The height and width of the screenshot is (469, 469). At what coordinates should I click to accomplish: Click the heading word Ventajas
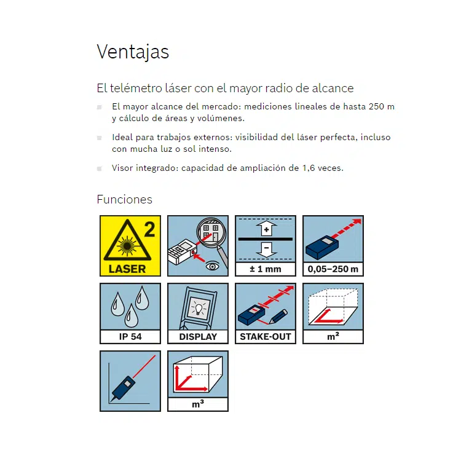pyautogui.click(x=133, y=52)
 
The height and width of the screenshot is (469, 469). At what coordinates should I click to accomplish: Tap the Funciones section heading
pyautogui.click(x=124, y=200)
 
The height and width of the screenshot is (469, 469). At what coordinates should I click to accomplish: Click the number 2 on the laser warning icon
pyautogui.click(x=149, y=229)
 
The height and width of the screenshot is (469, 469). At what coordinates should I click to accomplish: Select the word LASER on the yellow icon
pyautogui.click(x=127, y=269)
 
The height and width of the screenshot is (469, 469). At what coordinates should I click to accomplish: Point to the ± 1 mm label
pyautogui.click(x=266, y=269)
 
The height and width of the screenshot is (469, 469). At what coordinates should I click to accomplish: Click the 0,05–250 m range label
pyautogui.click(x=333, y=269)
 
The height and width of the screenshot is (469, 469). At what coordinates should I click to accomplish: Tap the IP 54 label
pyautogui.click(x=130, y=337)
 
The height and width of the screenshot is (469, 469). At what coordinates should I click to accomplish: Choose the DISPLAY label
pyautogui.click(x=198, y=337)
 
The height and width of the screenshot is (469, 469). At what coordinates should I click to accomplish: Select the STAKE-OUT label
pyautogui.click(x=266, y=337)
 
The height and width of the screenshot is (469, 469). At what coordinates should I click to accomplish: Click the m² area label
pyautogui.click(x=333, y=336)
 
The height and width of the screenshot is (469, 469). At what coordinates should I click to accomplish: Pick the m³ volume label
pyautogui.click(x=198, y=404)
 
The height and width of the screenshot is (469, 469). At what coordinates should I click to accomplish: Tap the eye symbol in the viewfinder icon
pyautogui.click(x=212, y=266)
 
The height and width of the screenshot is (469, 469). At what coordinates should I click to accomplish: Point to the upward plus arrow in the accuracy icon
pyautogui.click(x=266, y=229)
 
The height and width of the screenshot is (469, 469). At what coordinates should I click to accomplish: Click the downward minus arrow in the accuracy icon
pyautogui.click(x=266, y=250)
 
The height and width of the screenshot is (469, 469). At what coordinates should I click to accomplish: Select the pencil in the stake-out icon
pyautogui.click(x=278, y=317)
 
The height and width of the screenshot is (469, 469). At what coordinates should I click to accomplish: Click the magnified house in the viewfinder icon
pyautogui.click(x=211, y=232)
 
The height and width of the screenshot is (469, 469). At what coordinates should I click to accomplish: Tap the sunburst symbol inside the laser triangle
pyautogui.click(x=127, y=246)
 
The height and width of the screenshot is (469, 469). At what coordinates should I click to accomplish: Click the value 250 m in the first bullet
pyautogui.click(x=381, y=106)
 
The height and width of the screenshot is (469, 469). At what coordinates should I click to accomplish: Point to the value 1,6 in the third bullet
pyautogui.click(x=309, y=168)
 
